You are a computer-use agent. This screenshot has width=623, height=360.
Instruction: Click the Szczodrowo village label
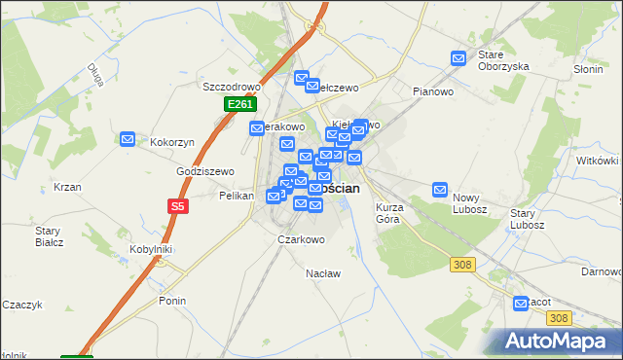click(227, 86)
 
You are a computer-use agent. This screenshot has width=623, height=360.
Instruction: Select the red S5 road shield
click(177, 206)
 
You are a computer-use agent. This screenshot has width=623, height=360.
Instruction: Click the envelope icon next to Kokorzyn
click(128, 140)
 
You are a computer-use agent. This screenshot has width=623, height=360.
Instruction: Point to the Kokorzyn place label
click(172, 142)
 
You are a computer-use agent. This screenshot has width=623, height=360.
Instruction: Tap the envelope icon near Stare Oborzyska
click(458, 58)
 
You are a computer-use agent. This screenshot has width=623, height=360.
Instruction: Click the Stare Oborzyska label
click(502, 60)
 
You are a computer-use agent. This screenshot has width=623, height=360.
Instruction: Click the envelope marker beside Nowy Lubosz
click(440, 190)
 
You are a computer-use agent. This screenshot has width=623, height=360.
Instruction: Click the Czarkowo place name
click(301, 238)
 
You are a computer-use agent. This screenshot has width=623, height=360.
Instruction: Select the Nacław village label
click(324, 273)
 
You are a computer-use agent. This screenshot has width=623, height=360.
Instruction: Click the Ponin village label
click(172, 301)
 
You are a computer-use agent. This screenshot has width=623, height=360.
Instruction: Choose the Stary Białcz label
click(49, 236)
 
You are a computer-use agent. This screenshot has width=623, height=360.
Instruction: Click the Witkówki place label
click(598, 161)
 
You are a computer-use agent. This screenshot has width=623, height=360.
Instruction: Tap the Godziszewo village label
click(205, 171)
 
